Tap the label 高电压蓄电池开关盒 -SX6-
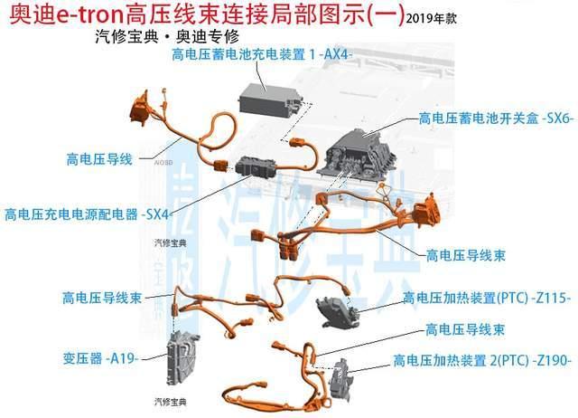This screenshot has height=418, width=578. (496, 119)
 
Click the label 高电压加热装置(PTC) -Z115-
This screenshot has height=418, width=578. (487, 298)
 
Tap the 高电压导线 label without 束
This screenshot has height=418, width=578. (99, 159)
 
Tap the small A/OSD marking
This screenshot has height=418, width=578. (163, 163)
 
